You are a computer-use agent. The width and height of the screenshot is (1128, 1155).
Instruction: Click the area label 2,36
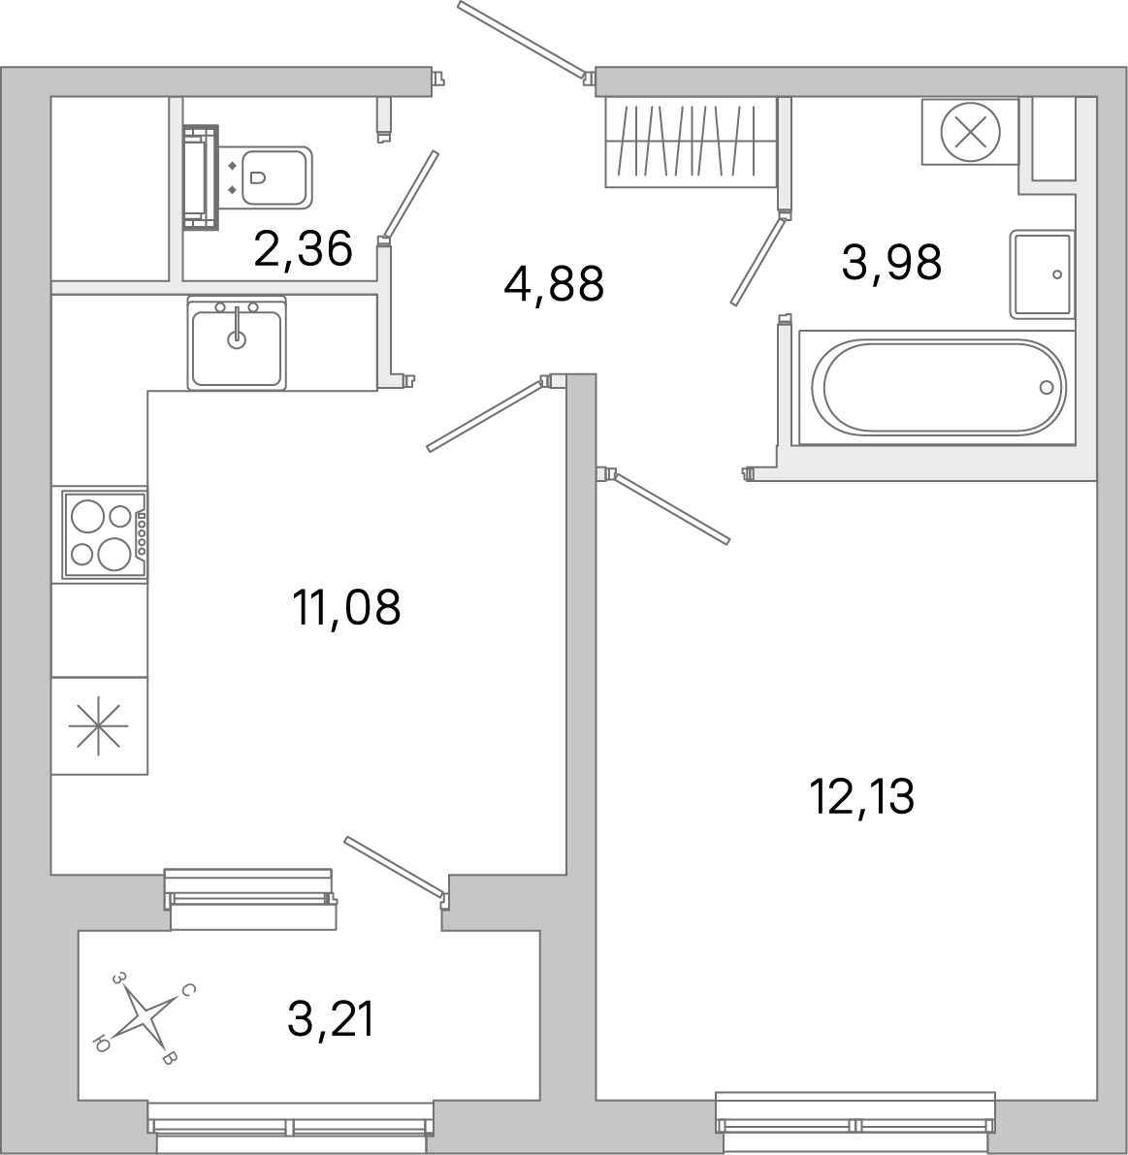click(302, 249)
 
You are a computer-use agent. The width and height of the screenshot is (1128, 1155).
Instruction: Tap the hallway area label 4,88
click(554, 284)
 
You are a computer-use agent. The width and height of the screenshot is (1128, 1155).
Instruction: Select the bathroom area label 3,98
click(891, 262)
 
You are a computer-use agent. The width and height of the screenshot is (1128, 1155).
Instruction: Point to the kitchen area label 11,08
click(345, 608)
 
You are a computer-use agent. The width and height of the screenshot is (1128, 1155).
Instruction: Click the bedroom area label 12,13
click(861, 797)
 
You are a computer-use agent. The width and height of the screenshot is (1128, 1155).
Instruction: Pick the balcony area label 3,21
click(331, 1019)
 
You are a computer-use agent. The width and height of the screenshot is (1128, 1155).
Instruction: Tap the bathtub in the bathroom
click(937, 387)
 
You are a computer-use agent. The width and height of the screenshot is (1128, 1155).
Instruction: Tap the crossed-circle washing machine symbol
click(970, 131)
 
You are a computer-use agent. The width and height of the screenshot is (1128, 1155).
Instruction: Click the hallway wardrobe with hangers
click(691, 142)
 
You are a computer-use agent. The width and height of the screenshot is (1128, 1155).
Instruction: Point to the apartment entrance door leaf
click(522, 39)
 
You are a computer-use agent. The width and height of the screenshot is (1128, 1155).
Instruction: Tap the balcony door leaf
click(395, 866)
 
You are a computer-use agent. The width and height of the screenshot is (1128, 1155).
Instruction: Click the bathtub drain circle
click(1046, 387)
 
